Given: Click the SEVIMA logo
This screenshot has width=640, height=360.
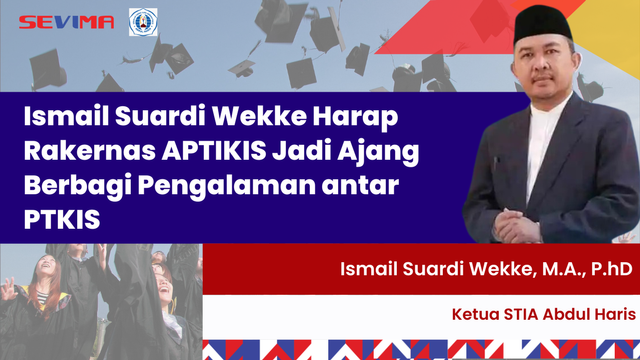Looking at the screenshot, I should click(x=67, y=22).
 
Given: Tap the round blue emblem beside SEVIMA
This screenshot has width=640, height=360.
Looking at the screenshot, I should click(x=143, y=22).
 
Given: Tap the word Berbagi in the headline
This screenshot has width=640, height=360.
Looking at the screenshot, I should click(x=69, y=186).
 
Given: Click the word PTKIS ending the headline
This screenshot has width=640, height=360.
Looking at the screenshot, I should click(x=62, y=220).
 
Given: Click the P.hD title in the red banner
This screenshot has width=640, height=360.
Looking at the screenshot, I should click(x=611, y=270).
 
